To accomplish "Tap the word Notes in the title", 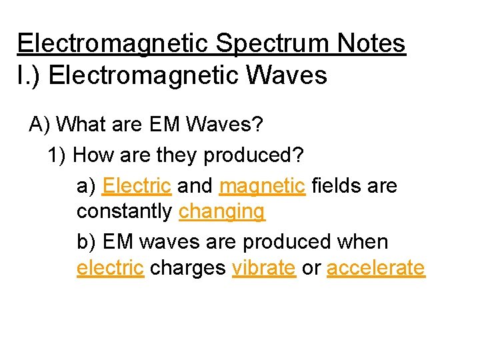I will coord(371,44).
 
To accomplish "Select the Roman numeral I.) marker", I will coord(29,75).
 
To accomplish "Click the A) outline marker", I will coord(40,125).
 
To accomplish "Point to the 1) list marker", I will coord(57,155).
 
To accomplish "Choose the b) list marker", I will coord(87,241).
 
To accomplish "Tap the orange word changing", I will coord(222,213).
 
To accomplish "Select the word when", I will coord(364,241).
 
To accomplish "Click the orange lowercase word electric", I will coord(110,267).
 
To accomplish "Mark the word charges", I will coord(188,269).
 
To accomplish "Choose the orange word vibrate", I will coord(263,267).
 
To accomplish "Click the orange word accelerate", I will coord(375,267).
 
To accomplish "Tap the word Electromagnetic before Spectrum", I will coord(115,44).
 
